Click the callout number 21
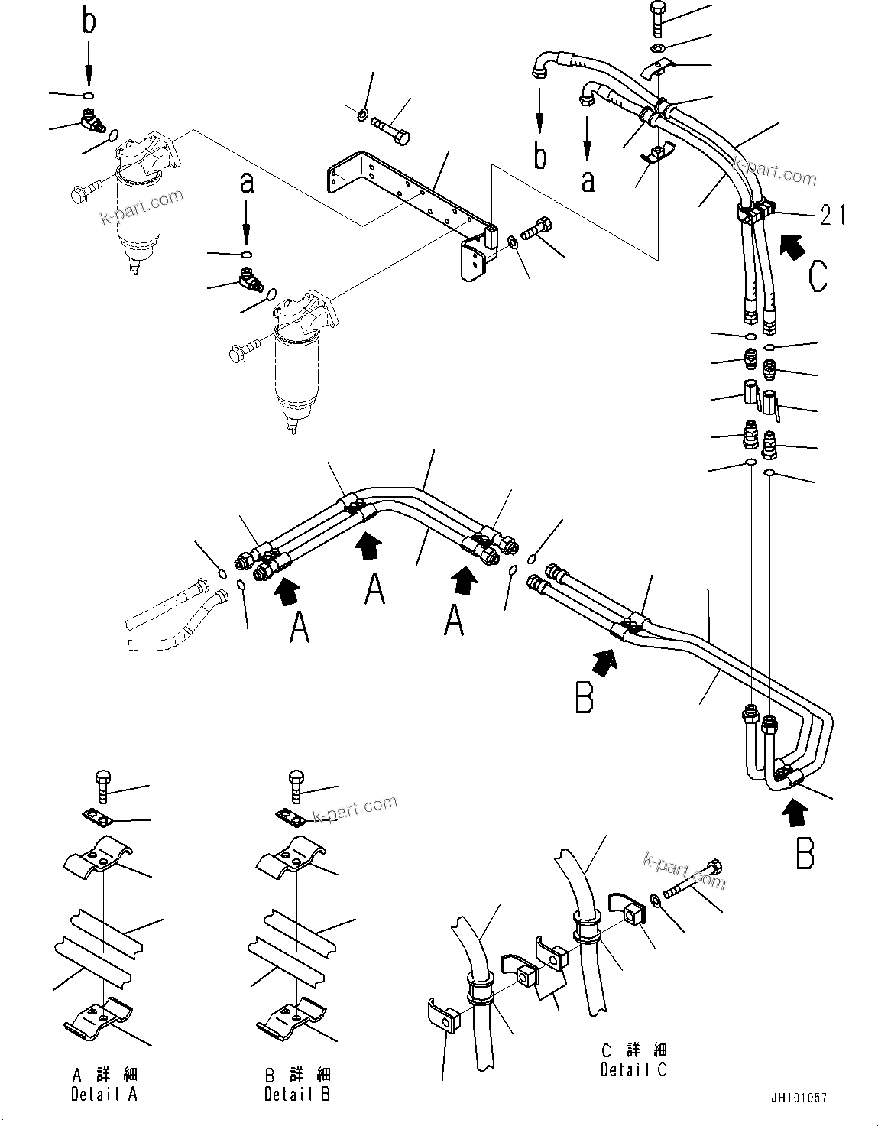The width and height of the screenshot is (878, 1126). [x=832, y=216]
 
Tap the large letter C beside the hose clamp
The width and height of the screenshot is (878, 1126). [x=817, y=276]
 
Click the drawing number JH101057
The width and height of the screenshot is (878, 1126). [x=799, y=1098]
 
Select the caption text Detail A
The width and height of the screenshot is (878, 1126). [x=104, y=1094]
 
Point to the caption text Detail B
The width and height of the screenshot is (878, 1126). [x=297, y=1094]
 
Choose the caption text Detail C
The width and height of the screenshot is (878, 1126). [x=633, y=1069]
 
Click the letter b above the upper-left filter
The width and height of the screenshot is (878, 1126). [x=89, y=21]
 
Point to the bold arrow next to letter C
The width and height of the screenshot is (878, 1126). [x=792, y=245]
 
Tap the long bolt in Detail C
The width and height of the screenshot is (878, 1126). [x=690, y=884]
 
